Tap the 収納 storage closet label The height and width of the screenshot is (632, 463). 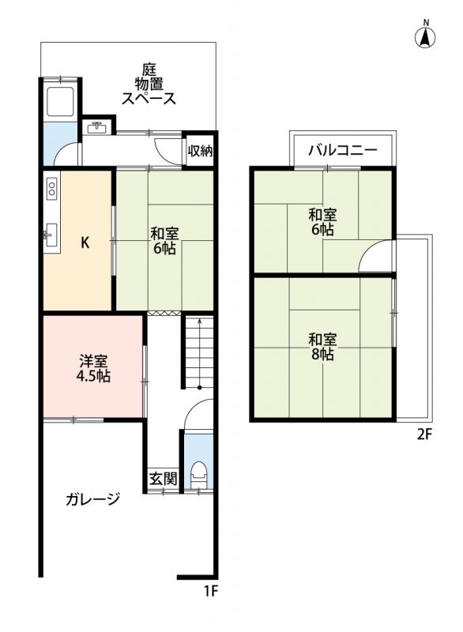click(200, 151)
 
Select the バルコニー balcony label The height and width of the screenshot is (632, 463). click(343, 150)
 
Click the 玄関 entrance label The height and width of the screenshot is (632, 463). click(163, 479)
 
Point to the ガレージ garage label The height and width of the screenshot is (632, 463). click(92, 499)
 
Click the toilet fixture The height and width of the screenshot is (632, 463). click(198, 474)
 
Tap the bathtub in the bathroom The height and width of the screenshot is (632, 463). click(61, 102)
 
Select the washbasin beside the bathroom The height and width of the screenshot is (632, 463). click(96, 127)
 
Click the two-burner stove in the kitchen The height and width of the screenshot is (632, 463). click(51, 188)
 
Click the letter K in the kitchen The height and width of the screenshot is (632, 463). click(85, 243)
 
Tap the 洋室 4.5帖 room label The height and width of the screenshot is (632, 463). click(93, 368)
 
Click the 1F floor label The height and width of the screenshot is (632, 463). click(210, 591)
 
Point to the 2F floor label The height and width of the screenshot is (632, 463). click(424, 434)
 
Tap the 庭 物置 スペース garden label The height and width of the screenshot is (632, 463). click(149, 85)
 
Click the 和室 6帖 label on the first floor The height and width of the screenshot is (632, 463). click(164, 241)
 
